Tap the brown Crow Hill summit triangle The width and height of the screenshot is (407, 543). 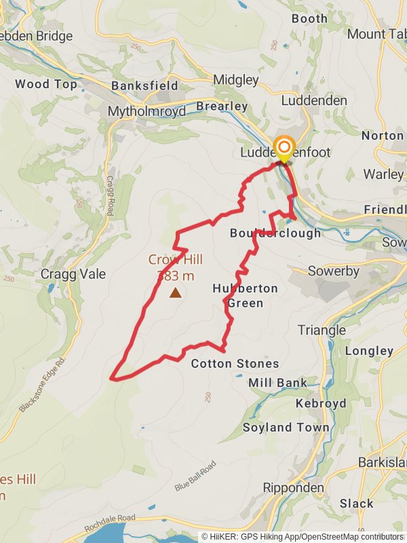click(176, 293)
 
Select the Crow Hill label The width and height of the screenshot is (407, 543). click(176, 259)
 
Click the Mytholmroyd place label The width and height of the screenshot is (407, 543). click(147, 112)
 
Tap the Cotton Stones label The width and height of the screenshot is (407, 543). click(235, 364)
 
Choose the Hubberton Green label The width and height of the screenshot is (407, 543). click(245, 295)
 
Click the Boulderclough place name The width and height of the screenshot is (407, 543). click(275, 233)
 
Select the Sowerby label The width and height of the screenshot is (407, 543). click(334, 271)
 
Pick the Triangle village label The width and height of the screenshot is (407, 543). click(322, 331)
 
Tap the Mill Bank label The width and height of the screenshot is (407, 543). click(277, 383)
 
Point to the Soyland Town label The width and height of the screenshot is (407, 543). click(286, 428)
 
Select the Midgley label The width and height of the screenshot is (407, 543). click(236, 79)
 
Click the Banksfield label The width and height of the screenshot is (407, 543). click(144, 86)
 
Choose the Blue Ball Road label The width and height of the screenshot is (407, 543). click(195, 476)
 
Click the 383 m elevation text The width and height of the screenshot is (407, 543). click(176, 276)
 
